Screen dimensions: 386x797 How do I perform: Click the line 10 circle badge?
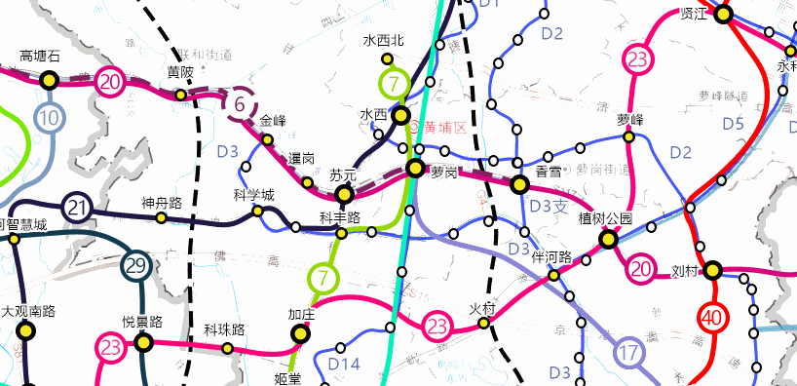tap(50, 119)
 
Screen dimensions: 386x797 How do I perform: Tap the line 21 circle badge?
tap(78, 208)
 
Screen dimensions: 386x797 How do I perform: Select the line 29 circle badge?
tap(136, 265)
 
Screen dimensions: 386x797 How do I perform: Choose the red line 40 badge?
tap(713, 317)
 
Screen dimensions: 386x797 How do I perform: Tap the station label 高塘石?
tap(41, 57)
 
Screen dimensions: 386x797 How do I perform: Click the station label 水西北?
tap(383, 41)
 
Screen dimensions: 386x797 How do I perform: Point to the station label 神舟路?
tap(162, 203)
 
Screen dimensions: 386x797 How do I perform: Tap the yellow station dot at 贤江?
tap(723, 14)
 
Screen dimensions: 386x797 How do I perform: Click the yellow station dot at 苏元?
tap(342, 194)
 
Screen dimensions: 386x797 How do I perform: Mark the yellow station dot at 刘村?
tap(713, 270)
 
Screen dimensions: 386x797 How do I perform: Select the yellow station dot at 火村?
tap(484, 324)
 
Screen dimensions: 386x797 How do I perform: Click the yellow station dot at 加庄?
tap(300, 334)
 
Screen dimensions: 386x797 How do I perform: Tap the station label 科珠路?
tap(224, 329)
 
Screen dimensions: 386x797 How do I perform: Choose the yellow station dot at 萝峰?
tap(629, 137)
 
